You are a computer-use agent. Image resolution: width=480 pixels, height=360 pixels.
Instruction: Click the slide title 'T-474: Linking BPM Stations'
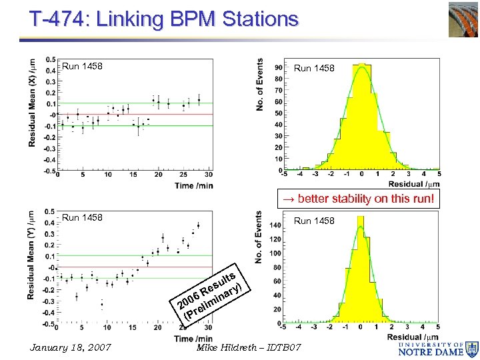pyautogui.click(x=164, y=19)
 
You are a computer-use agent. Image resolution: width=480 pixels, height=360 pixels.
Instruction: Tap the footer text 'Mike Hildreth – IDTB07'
pyautogui.click(x=249, y=348)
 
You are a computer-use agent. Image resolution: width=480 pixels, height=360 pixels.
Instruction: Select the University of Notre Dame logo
pyautogui.click(x=440, y=347)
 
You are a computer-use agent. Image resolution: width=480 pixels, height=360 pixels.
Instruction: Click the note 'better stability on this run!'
pyautogui.click(x=360, y=199)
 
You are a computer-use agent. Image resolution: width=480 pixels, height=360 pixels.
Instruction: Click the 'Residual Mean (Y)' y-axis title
pyautogui.click(x=31, y=257)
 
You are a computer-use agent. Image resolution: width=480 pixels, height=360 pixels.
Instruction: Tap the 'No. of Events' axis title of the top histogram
pyautogui.click(x=260, y=85)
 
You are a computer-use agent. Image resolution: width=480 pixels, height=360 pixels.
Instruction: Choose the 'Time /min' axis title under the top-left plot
pyautogui.click(x=195, y=185)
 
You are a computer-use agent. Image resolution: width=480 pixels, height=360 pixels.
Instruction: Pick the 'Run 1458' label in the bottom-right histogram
pyautogui.click(x=315, y=221)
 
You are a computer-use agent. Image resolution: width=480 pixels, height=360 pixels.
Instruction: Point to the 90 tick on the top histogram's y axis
pyautogui.click(x=277, y=67)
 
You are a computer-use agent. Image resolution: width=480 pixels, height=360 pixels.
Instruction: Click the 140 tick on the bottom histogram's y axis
pyautogui.click(x=275, y=226)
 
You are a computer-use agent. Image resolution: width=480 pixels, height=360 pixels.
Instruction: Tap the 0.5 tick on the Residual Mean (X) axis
pyautogui.click(x=51, y=59)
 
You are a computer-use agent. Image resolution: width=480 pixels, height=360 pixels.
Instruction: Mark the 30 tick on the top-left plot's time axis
pyautogui.click(x=209, y=175)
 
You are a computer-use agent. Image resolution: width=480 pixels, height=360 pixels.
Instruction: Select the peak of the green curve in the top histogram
pyautogui.click(x=361, y=65)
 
